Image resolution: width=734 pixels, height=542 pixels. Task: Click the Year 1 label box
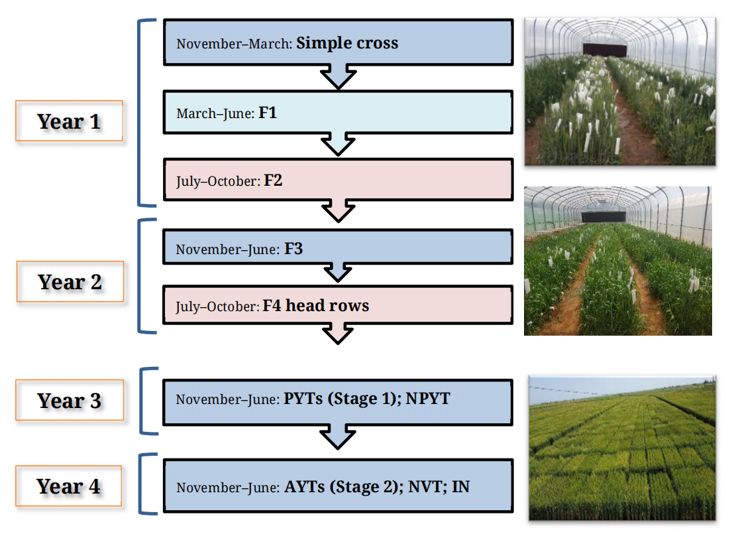pyautogui.click(x=70, y=121)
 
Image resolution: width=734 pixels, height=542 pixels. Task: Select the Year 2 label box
pyautogui.click(x=70, y=282)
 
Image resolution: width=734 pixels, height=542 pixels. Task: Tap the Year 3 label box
pyautogui.click(x=70, y=401)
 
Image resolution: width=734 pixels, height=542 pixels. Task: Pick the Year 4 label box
pyautogui.click(x=69, y=486)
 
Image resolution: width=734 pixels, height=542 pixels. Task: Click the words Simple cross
pyautogui.click(x=347, y=43)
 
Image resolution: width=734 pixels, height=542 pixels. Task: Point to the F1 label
pyautogui.click(x=268, y=113)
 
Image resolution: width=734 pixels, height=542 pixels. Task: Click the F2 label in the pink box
pyautogui.click(x=273, y=180)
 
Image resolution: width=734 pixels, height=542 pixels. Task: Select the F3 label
pyautogui.click(x=293, y=249)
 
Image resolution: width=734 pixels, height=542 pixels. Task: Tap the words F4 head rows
pyautogui.click(x=315, y=306)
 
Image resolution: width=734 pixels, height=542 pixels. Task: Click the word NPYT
pyautogui.click(x=428, y=399)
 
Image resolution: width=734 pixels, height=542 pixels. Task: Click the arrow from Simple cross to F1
pyautogui.click(x=338, y=76)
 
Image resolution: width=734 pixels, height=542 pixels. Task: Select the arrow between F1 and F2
pyautogui.click(x=338, y=144)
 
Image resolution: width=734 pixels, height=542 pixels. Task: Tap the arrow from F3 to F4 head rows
pyautogui.click(x=338, y=273)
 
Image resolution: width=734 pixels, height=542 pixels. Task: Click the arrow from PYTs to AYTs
pyautogui.click(x=338, y=437)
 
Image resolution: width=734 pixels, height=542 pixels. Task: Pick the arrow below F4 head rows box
pyautogui.click(x=338, y=333)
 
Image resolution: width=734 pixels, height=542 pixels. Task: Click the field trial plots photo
pyautogui.click(x=622, y=448)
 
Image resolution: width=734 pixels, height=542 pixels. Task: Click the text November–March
pyautogui.click(x=234, y=44)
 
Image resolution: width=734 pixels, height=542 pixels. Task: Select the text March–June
pyautogui.click(x=215, y=113)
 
